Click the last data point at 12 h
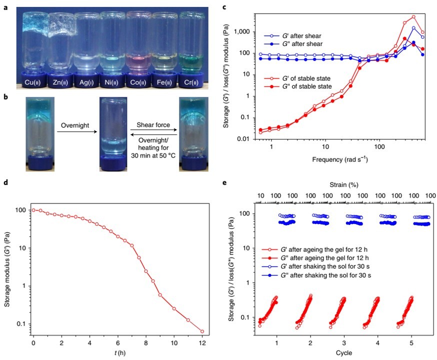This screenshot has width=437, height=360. pos(202,331)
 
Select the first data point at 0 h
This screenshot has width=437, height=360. pos(33,210)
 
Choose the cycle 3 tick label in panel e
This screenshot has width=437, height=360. pos(343,343)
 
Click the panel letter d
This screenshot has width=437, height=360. pos(5,182)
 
